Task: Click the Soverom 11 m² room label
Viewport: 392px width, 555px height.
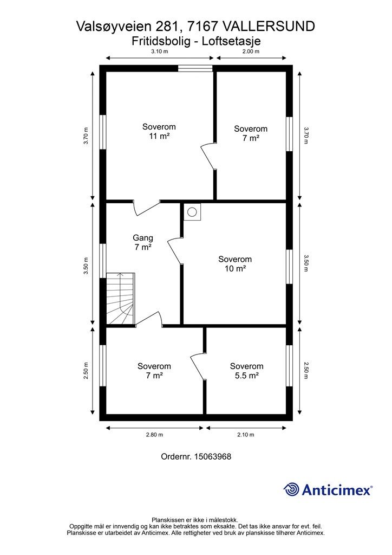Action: (159, 131)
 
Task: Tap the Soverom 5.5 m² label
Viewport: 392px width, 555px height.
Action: (246, 371)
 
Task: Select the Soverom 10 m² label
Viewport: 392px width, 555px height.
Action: (235, 264)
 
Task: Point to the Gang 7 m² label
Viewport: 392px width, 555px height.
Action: (143, 242)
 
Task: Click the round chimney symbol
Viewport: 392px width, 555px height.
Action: (192, 212)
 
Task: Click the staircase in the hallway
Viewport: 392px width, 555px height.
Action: (121, 299)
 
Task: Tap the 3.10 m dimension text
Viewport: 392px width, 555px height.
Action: (159, 51)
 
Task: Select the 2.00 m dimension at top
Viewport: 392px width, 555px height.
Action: (251, 51)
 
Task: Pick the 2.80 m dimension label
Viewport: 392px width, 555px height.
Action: (154, 435)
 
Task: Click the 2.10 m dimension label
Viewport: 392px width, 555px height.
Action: (246, 435)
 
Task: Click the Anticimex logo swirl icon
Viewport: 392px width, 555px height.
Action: (291, 489)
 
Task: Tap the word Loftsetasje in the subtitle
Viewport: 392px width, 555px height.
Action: (231, 41)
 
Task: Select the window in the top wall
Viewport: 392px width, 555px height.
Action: (195, 68)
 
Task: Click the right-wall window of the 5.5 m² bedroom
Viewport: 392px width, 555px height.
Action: (289, 366)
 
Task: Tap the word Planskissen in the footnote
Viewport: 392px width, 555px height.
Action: (169, 520)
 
